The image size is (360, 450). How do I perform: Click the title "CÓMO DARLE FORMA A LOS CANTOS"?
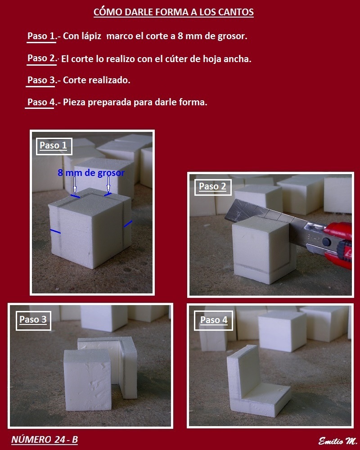coord(173,12)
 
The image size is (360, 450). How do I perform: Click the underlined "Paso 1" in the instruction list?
coord(41,36)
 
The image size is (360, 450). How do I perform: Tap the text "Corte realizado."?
coord(96,80)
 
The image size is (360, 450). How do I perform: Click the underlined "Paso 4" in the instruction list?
coord(41,102)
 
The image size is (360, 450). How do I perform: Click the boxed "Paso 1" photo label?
coord(54,146)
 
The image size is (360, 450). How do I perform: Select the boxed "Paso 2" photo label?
coord(213,187)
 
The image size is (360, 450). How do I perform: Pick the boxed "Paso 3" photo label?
coord(33,320)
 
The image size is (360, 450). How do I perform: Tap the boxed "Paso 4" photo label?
coord(214,320)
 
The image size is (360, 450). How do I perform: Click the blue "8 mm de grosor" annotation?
coord(91,173)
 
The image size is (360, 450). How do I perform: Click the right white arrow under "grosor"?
coord(108,184)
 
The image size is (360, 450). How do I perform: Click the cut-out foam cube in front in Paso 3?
coord(88,380)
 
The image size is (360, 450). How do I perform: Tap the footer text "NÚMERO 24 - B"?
coord(45,440)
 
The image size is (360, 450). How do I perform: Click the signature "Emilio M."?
coord(337,441)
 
